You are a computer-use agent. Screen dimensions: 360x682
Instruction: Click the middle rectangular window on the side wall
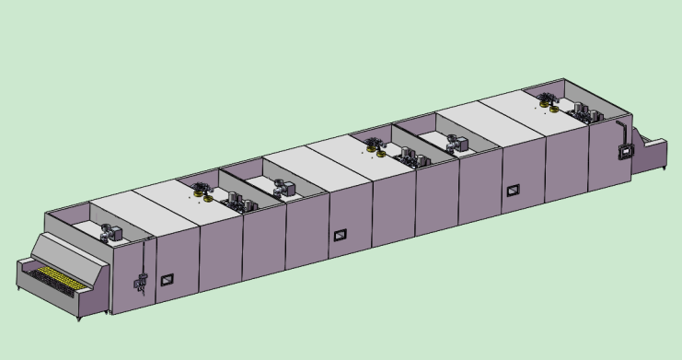pyautogui.click(x=340, y=236)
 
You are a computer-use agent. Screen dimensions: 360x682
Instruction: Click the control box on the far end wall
pyautogui.click(x=626, y=149)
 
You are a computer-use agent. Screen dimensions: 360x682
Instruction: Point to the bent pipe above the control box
pyautogui.click(x=627, y=128)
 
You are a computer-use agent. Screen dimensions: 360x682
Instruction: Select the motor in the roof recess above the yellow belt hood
pyautogui.click(x=111, y=231)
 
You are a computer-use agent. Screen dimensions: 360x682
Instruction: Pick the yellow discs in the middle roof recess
pyautogui.click(x=376, y=145)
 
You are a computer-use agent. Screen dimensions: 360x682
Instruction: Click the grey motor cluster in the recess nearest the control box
pyautogui.click(x=586, y=113)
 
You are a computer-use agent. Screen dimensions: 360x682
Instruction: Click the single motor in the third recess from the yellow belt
pyautogui.click(x=283, y=188)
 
